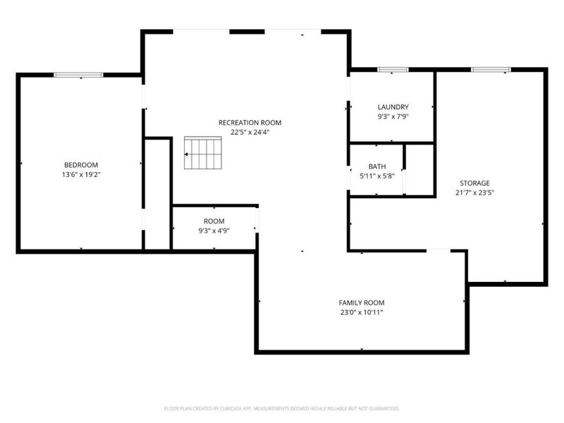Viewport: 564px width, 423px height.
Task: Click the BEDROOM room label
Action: tap(81, 165)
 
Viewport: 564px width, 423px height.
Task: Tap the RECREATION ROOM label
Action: tap(250, 123)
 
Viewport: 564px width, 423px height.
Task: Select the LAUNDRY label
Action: tap(393, 107)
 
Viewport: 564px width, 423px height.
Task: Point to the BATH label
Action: tap(377, 166)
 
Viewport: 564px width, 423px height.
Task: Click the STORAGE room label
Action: tap(474, 183)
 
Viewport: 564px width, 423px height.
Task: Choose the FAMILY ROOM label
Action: tap(362, 303)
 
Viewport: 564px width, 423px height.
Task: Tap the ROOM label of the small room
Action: tap(214, 221)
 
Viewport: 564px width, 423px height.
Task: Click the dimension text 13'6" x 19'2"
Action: tap(81, 175)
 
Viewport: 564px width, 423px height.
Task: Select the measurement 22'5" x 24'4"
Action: tap(250, 133)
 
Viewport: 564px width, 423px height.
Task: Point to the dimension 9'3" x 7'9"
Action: tap(393, 116)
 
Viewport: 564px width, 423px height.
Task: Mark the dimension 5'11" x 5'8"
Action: tap(377, 176)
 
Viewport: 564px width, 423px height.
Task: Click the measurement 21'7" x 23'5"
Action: tap(474, 192)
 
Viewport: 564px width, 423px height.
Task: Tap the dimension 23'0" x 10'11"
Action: tap(362, 312)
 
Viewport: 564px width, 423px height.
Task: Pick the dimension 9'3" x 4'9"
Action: tap(214, 231)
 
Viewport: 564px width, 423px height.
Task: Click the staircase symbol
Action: tap(203, 153)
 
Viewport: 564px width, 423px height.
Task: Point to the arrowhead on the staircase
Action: tap(186, 154)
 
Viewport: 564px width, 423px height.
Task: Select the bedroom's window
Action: tap(79, 75)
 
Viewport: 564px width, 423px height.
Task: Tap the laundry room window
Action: tap(393, 69)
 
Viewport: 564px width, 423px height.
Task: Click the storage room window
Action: tap(491, 69)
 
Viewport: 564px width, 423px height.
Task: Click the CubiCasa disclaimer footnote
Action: tap(281, 409)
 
